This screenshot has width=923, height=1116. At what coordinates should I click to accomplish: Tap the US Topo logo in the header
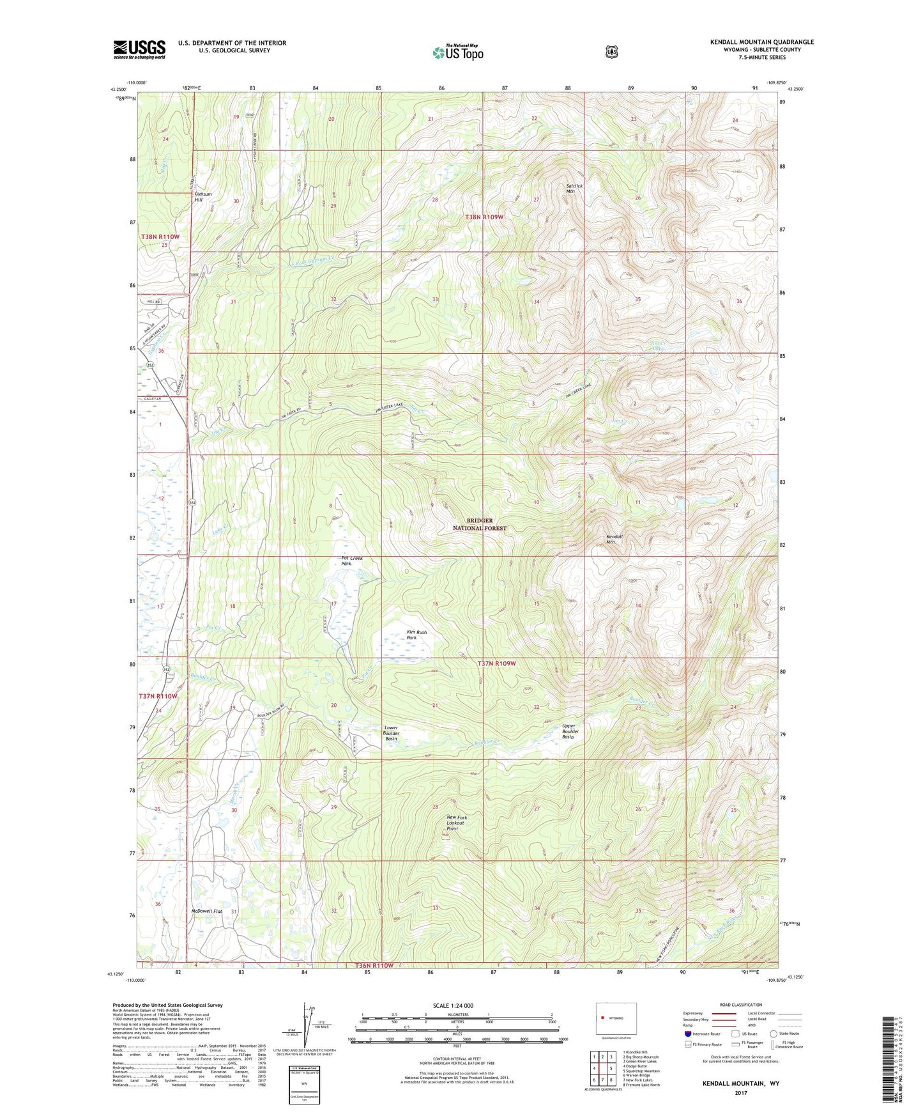(x=457, y=52)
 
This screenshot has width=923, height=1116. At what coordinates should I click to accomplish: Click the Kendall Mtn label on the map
(x=614, y=539)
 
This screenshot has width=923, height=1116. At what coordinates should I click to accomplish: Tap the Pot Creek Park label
(x=351, y=561)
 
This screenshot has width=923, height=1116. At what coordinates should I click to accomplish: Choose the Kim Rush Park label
(x=416, y=635)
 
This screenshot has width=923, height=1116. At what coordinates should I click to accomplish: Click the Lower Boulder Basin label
(x=391, y=733)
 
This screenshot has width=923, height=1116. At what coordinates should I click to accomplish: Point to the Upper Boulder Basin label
(x=568, y=731)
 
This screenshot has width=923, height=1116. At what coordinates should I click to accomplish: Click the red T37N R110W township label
(x=158, y=695)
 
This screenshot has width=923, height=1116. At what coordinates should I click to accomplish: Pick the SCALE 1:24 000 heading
(x=453, y=1005)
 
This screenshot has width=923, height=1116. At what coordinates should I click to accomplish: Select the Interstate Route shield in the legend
(x=688, y=1034)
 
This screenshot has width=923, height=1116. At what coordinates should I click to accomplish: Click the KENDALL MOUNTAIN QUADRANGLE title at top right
(x=761, y=42)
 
